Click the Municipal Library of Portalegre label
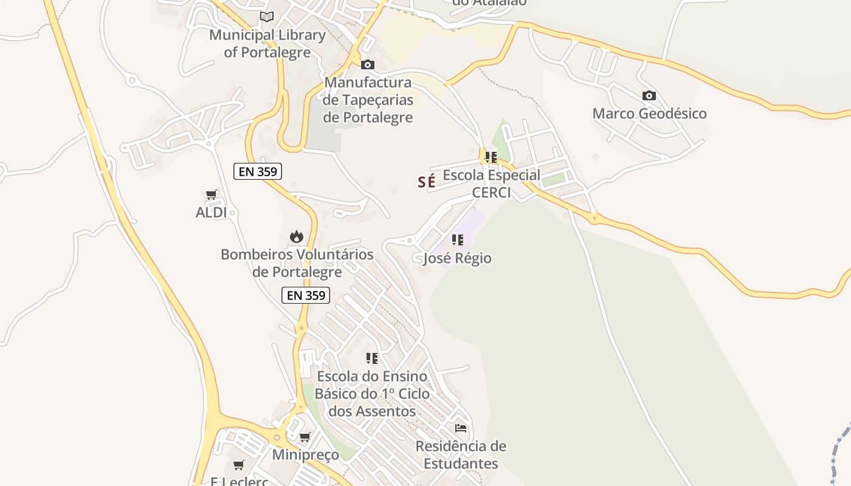[267, 43]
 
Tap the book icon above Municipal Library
[267, 16]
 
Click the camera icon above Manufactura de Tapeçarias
[367, 64]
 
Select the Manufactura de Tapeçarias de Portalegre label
[368, 100]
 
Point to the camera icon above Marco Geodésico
[649, 95]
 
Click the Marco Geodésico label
[649, 113]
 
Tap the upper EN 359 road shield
[258, 171]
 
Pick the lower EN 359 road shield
[306, 295]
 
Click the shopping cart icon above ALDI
[211, 195]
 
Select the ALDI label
[211, 212]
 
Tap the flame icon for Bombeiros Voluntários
[297, 236]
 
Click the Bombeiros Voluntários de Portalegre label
[297, 262]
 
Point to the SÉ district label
[427, 181]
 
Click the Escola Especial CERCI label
[491, 183]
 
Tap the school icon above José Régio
[457, 240]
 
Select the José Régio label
[457, 258]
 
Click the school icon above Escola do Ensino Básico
[372, 358]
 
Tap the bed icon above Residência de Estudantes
[461, 428]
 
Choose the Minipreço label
[305, 454]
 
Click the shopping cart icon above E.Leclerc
[239, 465]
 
